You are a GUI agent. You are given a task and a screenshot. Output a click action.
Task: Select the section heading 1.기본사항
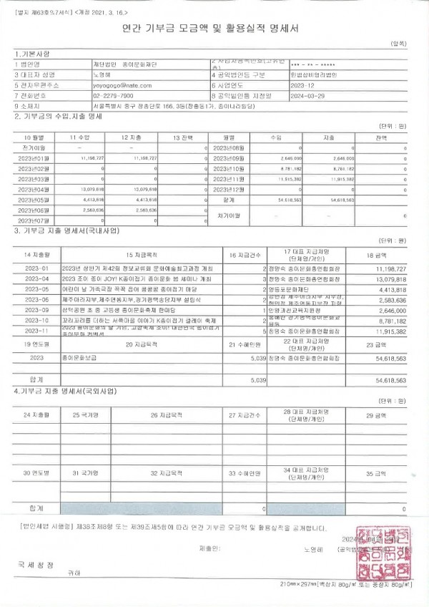click(x=33, y=54)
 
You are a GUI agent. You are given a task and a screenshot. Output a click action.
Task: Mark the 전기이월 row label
click(x=34, y=147)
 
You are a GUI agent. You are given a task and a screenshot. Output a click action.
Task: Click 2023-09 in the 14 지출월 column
click(x=36, y=310)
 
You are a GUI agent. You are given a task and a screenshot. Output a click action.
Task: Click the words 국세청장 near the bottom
click(x=36, y=565)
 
